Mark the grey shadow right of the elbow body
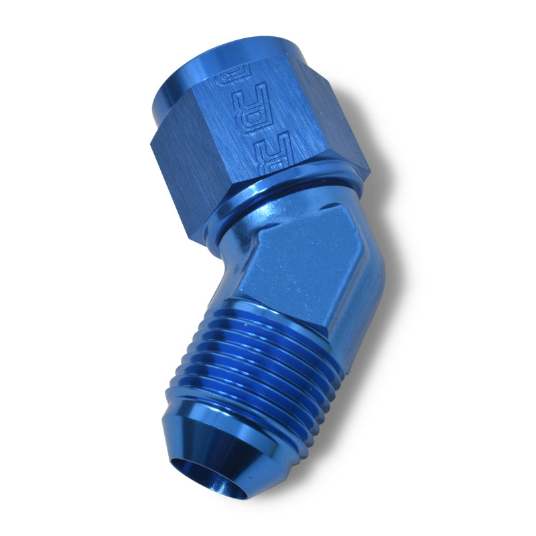click(395, 281)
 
